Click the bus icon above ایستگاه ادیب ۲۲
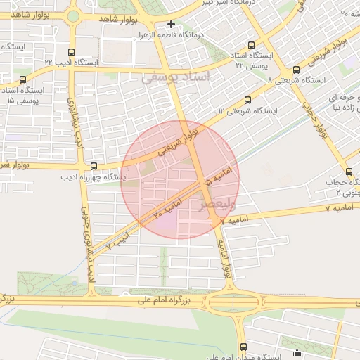tap(70, 52)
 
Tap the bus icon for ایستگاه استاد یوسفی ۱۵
tap(23, 80)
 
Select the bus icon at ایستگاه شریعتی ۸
tap(295, 70)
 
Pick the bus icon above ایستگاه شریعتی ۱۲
tap(247, 100)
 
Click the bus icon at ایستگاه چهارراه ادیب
tap(94, 166)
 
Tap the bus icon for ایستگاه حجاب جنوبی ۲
tap(349, 172)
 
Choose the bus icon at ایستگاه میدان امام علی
tap(243, 347)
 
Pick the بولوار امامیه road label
tap(226, 266)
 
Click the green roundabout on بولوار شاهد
tap(73, 15)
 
